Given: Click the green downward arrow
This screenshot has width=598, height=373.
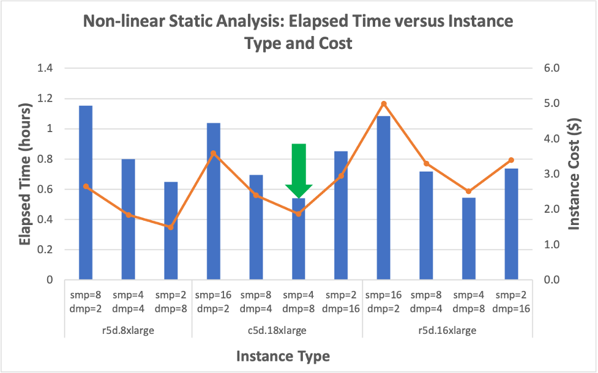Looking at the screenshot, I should pyautogui.click(x=299, y=168).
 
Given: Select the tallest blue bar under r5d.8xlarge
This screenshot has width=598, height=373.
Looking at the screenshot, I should pyautogui.click(x=86, y=193).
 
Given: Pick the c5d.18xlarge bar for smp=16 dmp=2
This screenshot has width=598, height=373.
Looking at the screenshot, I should pyautogui.click(x=213, y=202).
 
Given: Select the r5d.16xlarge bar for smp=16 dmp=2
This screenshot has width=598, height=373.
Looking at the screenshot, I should pyautogui.click(x=384, y=198).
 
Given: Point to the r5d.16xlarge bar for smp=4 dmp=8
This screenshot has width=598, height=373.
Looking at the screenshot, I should pyautogui.click(x=468, y=239).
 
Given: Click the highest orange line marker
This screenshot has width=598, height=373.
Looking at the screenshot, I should pyautogui.click(x=384, y=104).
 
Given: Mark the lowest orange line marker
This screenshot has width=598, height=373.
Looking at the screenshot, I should pyautogui.click(x=171, y=227).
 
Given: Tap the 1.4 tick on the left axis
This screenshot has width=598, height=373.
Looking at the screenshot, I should pyautogui.click(x=45, y=68).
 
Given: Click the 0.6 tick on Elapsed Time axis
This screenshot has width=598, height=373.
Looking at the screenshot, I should pyautogui.click(x=45, y=189).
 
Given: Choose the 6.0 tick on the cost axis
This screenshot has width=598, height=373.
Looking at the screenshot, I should pyautogui.click(x=552, y=68).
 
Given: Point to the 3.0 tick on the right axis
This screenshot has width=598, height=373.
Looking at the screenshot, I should pyautogui.click(x=552, y=174).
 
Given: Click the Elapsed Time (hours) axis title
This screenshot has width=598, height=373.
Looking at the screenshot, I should pyautogui.click(x=24, y=174).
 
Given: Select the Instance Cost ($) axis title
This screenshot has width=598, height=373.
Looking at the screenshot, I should pyautogui.click(x=575, y=174).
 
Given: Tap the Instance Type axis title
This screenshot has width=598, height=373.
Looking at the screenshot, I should pyautogui.click(x=283, y=356).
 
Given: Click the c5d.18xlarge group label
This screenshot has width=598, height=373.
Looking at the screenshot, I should pyautogui.click(x=277, y=330).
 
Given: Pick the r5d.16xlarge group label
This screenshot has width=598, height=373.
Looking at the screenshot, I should pyautogui.click(x=447, y=330).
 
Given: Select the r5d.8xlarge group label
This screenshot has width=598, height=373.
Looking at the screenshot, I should pyautogui.click(x=128, y=330).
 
